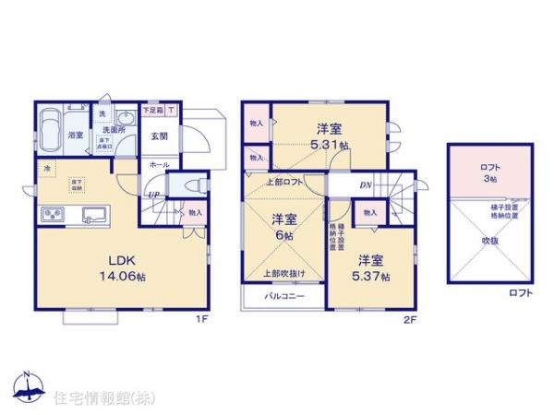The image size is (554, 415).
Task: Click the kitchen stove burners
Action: click(52, 216)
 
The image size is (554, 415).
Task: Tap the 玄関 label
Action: click(159, 136)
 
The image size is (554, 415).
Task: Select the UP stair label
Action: click(151, 195)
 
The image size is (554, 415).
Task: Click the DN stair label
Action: click(366, 184)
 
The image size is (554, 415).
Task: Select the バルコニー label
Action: click(283, 297)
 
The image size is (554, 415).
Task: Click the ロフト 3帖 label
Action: click(490, 173)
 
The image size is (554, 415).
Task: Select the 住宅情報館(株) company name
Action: click(92, 397)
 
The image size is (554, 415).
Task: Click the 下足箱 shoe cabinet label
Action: click(152, 111)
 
